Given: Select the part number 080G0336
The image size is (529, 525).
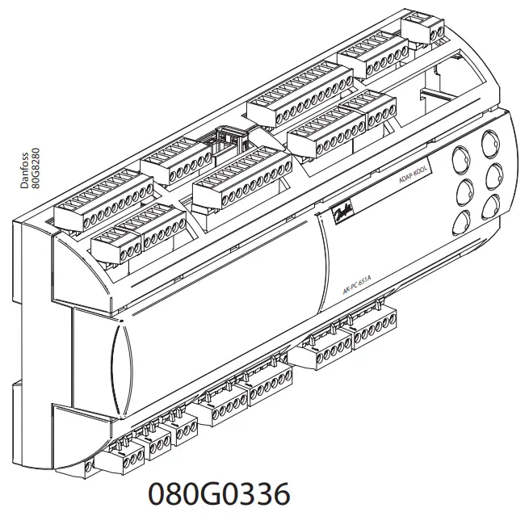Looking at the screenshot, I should point(218,494).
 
